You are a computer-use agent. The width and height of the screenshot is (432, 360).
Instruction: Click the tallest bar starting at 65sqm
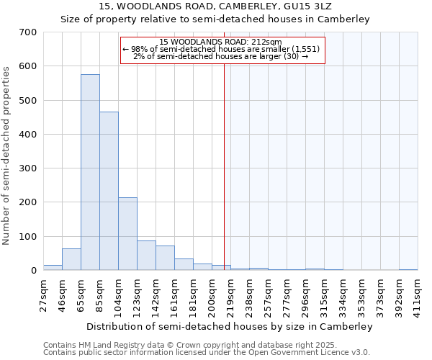pyautogui.click(x=90, y=173)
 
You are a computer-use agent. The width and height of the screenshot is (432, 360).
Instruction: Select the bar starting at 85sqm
pyautogui.click(x=109, y=192)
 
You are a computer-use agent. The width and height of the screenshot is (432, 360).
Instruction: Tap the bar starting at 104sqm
pyautogui.click(x=127, y=234)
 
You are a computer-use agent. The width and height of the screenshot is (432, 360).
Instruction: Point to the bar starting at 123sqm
pyautogui.click(x=146, y=256)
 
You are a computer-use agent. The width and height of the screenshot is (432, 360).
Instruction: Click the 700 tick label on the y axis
pyautogui.click(x=29, y=32)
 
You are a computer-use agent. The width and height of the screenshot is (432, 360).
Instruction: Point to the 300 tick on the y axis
pyautogui.click(x=29, y=168)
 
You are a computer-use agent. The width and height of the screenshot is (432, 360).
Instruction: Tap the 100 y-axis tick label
pyautogui.click(x=29, y=237)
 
